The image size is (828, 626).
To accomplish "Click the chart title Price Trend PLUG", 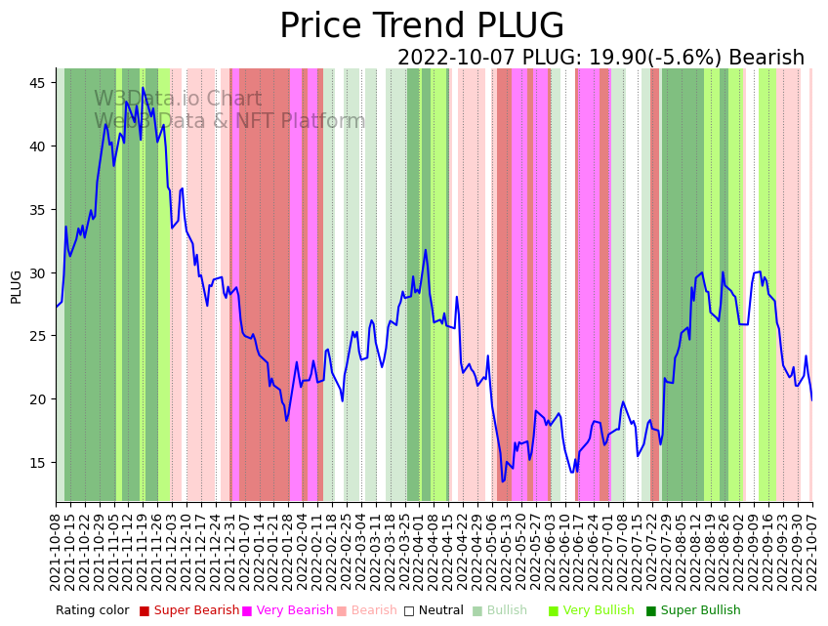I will point(421,26).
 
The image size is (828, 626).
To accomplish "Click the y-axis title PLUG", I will point(17,287).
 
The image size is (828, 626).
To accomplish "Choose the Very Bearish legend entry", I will point(294,611).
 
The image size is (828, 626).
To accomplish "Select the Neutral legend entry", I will point(435,611).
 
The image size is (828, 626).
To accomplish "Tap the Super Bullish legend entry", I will point(700,611).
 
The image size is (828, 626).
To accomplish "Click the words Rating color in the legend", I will point(92,611).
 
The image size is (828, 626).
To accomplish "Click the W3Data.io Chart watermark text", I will point(178,100).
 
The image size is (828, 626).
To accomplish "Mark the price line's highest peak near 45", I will point(143,88).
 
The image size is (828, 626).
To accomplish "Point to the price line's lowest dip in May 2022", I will point(504,480).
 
